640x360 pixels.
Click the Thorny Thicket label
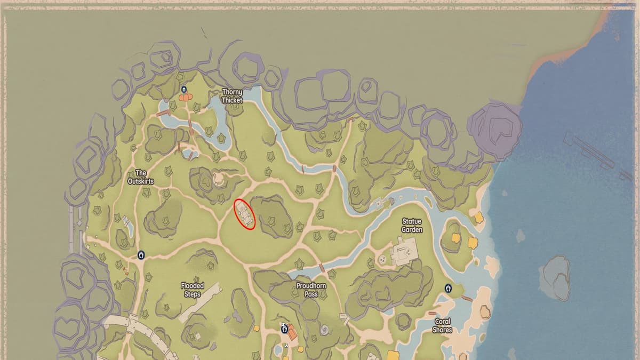point(232,96)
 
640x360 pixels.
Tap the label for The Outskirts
point(141,177)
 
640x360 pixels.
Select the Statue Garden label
point(412,226)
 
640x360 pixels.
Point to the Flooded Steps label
point(192,290)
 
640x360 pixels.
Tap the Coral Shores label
point(442,325)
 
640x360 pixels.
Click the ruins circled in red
point(245,213)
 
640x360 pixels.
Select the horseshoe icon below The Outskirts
point(141,255)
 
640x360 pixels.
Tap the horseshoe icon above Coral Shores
point(448,288)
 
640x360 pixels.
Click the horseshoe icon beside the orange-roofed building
point(284,330)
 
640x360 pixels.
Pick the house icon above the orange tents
point(184,89)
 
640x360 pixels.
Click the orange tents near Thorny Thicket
point(185,98)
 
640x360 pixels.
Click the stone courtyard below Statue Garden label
point(405,251)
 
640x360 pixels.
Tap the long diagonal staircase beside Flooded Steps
point(200,302)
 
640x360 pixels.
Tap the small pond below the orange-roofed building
point(277,350)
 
